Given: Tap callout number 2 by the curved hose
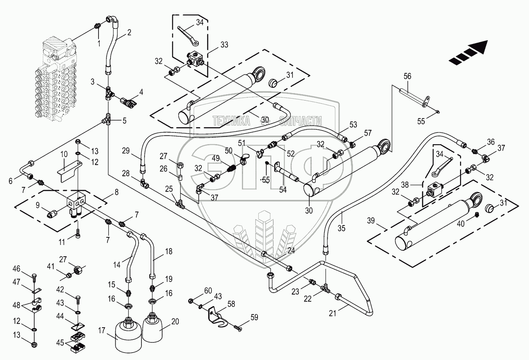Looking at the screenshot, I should pos(129,33).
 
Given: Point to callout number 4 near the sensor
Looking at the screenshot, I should pos(141,92).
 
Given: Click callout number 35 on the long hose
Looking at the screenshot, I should pos(341,229).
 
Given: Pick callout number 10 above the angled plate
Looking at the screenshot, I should pos(63,154).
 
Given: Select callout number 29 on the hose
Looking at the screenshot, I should pos(125,150).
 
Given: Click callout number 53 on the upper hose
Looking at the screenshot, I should pos(353,125).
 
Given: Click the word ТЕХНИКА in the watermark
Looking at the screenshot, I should pos(231,121).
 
